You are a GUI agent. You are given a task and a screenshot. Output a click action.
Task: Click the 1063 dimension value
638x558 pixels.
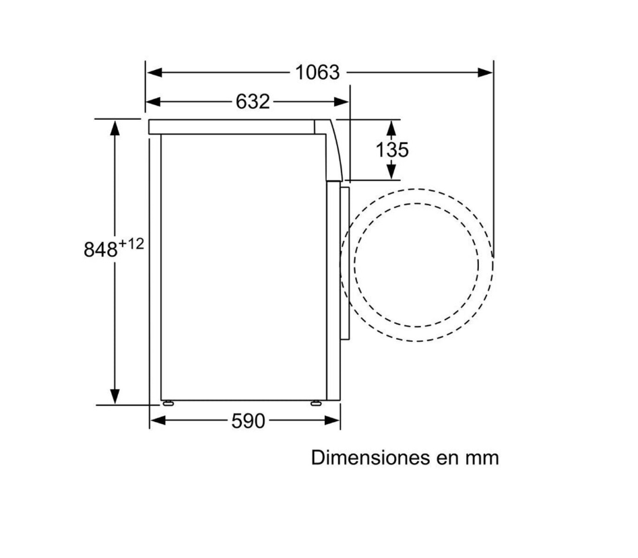[317, 73]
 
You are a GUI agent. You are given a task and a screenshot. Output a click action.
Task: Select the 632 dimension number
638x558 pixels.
[253, 102]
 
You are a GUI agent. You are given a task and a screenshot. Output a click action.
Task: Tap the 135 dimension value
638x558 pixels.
[392, 149]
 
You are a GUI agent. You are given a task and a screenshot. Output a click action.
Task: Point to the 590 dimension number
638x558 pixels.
[248, 421]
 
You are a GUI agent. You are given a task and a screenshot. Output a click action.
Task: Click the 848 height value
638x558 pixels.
[100, 249]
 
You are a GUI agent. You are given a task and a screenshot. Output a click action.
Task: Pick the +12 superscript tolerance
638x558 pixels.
[131, 244]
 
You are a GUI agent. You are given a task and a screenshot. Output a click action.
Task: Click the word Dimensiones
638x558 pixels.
[371, 458]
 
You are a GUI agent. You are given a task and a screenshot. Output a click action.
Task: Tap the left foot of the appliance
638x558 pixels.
[168, 403]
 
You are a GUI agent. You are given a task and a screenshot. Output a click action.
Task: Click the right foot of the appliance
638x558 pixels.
[316, 403]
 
